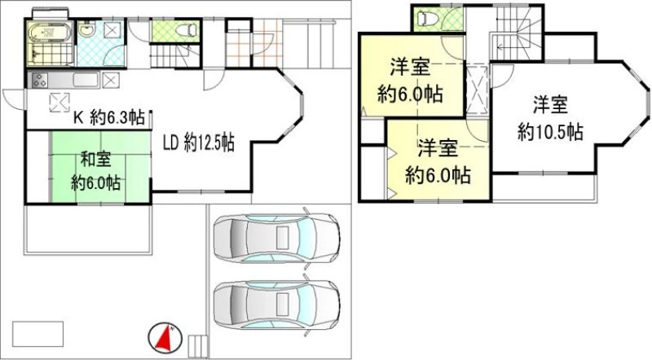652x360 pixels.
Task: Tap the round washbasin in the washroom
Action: [x=87, y=30]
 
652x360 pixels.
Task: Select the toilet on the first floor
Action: [x=187, y=30]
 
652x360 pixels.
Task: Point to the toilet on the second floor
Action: [x=427, y=18]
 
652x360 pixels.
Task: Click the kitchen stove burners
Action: [x=39, y=80]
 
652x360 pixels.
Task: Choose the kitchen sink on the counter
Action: [x=86, y=80]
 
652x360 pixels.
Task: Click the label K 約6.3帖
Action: [x=109, y=117]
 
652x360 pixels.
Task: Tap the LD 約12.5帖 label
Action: [x=198, y=143]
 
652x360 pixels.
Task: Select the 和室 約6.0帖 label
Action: [x=95, y=170]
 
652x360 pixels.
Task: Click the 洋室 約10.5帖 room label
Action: [x=550, y=118]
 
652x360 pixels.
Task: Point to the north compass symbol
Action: [x=165, y=336]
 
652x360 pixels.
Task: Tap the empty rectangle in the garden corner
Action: [x=37, y=334]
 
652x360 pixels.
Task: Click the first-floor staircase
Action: [x=174, y=55]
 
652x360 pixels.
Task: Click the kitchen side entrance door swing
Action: [x=13, y=99]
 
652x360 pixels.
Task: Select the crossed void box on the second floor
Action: [x=477, y=90]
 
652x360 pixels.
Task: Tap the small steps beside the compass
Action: [x=198, y=344]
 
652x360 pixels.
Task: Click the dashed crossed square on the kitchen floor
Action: [x=59, y=103]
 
